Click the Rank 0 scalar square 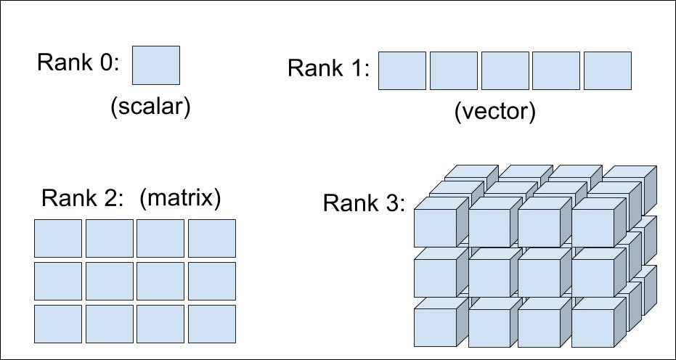pos(156,65)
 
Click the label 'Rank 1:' pos(329,69)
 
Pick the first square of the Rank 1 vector pos(402,70)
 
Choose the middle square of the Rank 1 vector pos(505,70)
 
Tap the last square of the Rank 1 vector pos(607,70)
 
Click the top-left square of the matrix pos(58,238)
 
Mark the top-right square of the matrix pos(212,238)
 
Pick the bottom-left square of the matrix pos(58,324)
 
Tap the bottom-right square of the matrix pos(212,324)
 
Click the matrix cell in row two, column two pos(110,281)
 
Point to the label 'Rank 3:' pos(364,203)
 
